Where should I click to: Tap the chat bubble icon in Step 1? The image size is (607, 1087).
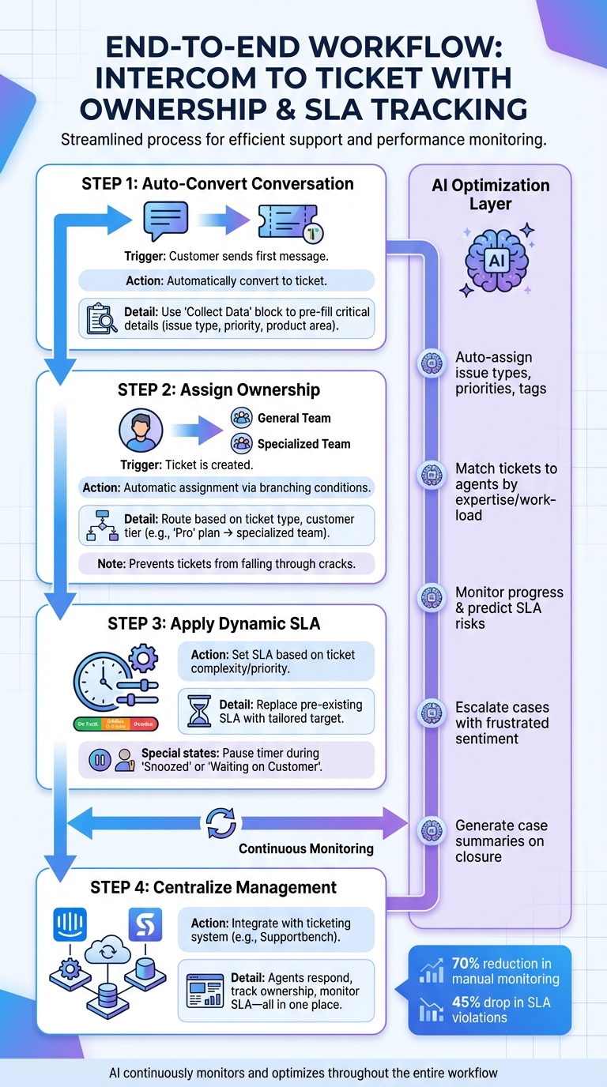pos(165,220)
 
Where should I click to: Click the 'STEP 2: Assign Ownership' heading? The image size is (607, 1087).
pos(219,389)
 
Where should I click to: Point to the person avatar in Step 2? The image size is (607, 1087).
pos(141,431)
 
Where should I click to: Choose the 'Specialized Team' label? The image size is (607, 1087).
pos(303,444)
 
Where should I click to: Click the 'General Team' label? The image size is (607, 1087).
pos(294,418)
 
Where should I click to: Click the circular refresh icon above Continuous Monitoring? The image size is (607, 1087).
pos(221,822)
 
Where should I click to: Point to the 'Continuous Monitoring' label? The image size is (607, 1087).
pos(306,848)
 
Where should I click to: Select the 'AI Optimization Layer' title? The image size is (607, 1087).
pos(490,194)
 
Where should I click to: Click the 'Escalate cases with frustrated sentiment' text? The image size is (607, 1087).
pos(502,723)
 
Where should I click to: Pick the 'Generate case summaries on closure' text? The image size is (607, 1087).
pos(501,841)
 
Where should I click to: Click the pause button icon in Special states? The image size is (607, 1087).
pos(100,761)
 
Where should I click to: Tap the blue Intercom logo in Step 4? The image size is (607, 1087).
pos(70,923)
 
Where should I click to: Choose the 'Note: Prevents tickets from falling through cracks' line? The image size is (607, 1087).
pos(218,564)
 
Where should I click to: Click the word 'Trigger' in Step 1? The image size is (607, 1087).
pos(145,257)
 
